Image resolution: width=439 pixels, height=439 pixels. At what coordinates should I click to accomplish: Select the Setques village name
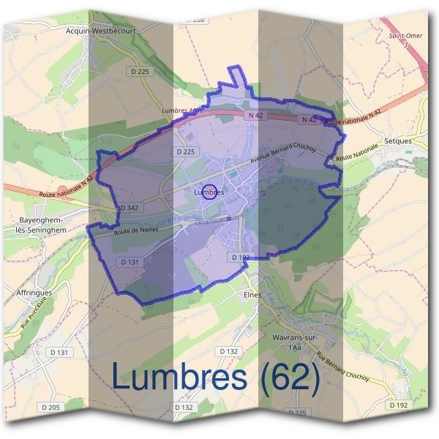pyautogui.click(x=397, y=140)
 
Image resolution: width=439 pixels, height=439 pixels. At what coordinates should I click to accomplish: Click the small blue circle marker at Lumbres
pyautogui.click(x=209, y=192)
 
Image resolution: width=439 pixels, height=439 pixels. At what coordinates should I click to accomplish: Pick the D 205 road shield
pyautogui.click(x=50, y=407)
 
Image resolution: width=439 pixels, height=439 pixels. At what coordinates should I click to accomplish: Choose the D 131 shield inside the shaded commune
pyautogui.click(x=130, y=261)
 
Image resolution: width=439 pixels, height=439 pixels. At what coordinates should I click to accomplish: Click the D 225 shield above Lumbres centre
pyautogui.click(x=186, y=151)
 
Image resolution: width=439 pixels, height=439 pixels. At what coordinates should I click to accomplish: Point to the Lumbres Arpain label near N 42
pyautogui.click(x=185, y=111)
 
